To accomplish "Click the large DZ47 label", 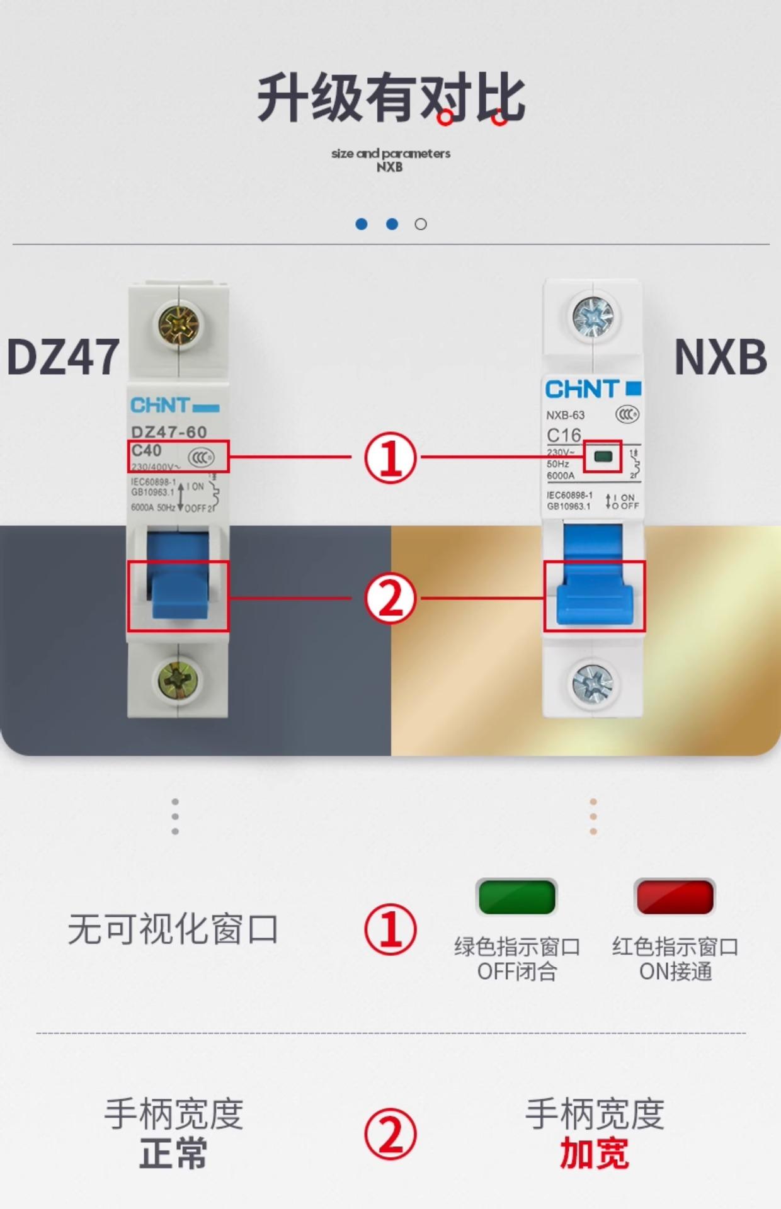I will [x=63, y=356].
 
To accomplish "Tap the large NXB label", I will [x=721, y=356].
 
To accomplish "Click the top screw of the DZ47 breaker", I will [x=178, y=326].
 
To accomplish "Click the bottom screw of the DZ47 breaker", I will [x=178, y=680].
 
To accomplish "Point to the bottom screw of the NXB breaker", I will [x=592, y=683].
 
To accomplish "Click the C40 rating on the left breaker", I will [x=146, y=450].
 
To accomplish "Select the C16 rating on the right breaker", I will [x=564, y=435].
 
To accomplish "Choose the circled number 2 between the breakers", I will [x=390, y=598].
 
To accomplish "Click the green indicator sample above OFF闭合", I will [x=516, y=897].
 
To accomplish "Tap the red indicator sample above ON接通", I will [x=675, y=897].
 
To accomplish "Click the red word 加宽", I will [x=594, y=1154].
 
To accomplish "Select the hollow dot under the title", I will [x=421, y=224].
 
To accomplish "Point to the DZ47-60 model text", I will [x=169, y=432].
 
